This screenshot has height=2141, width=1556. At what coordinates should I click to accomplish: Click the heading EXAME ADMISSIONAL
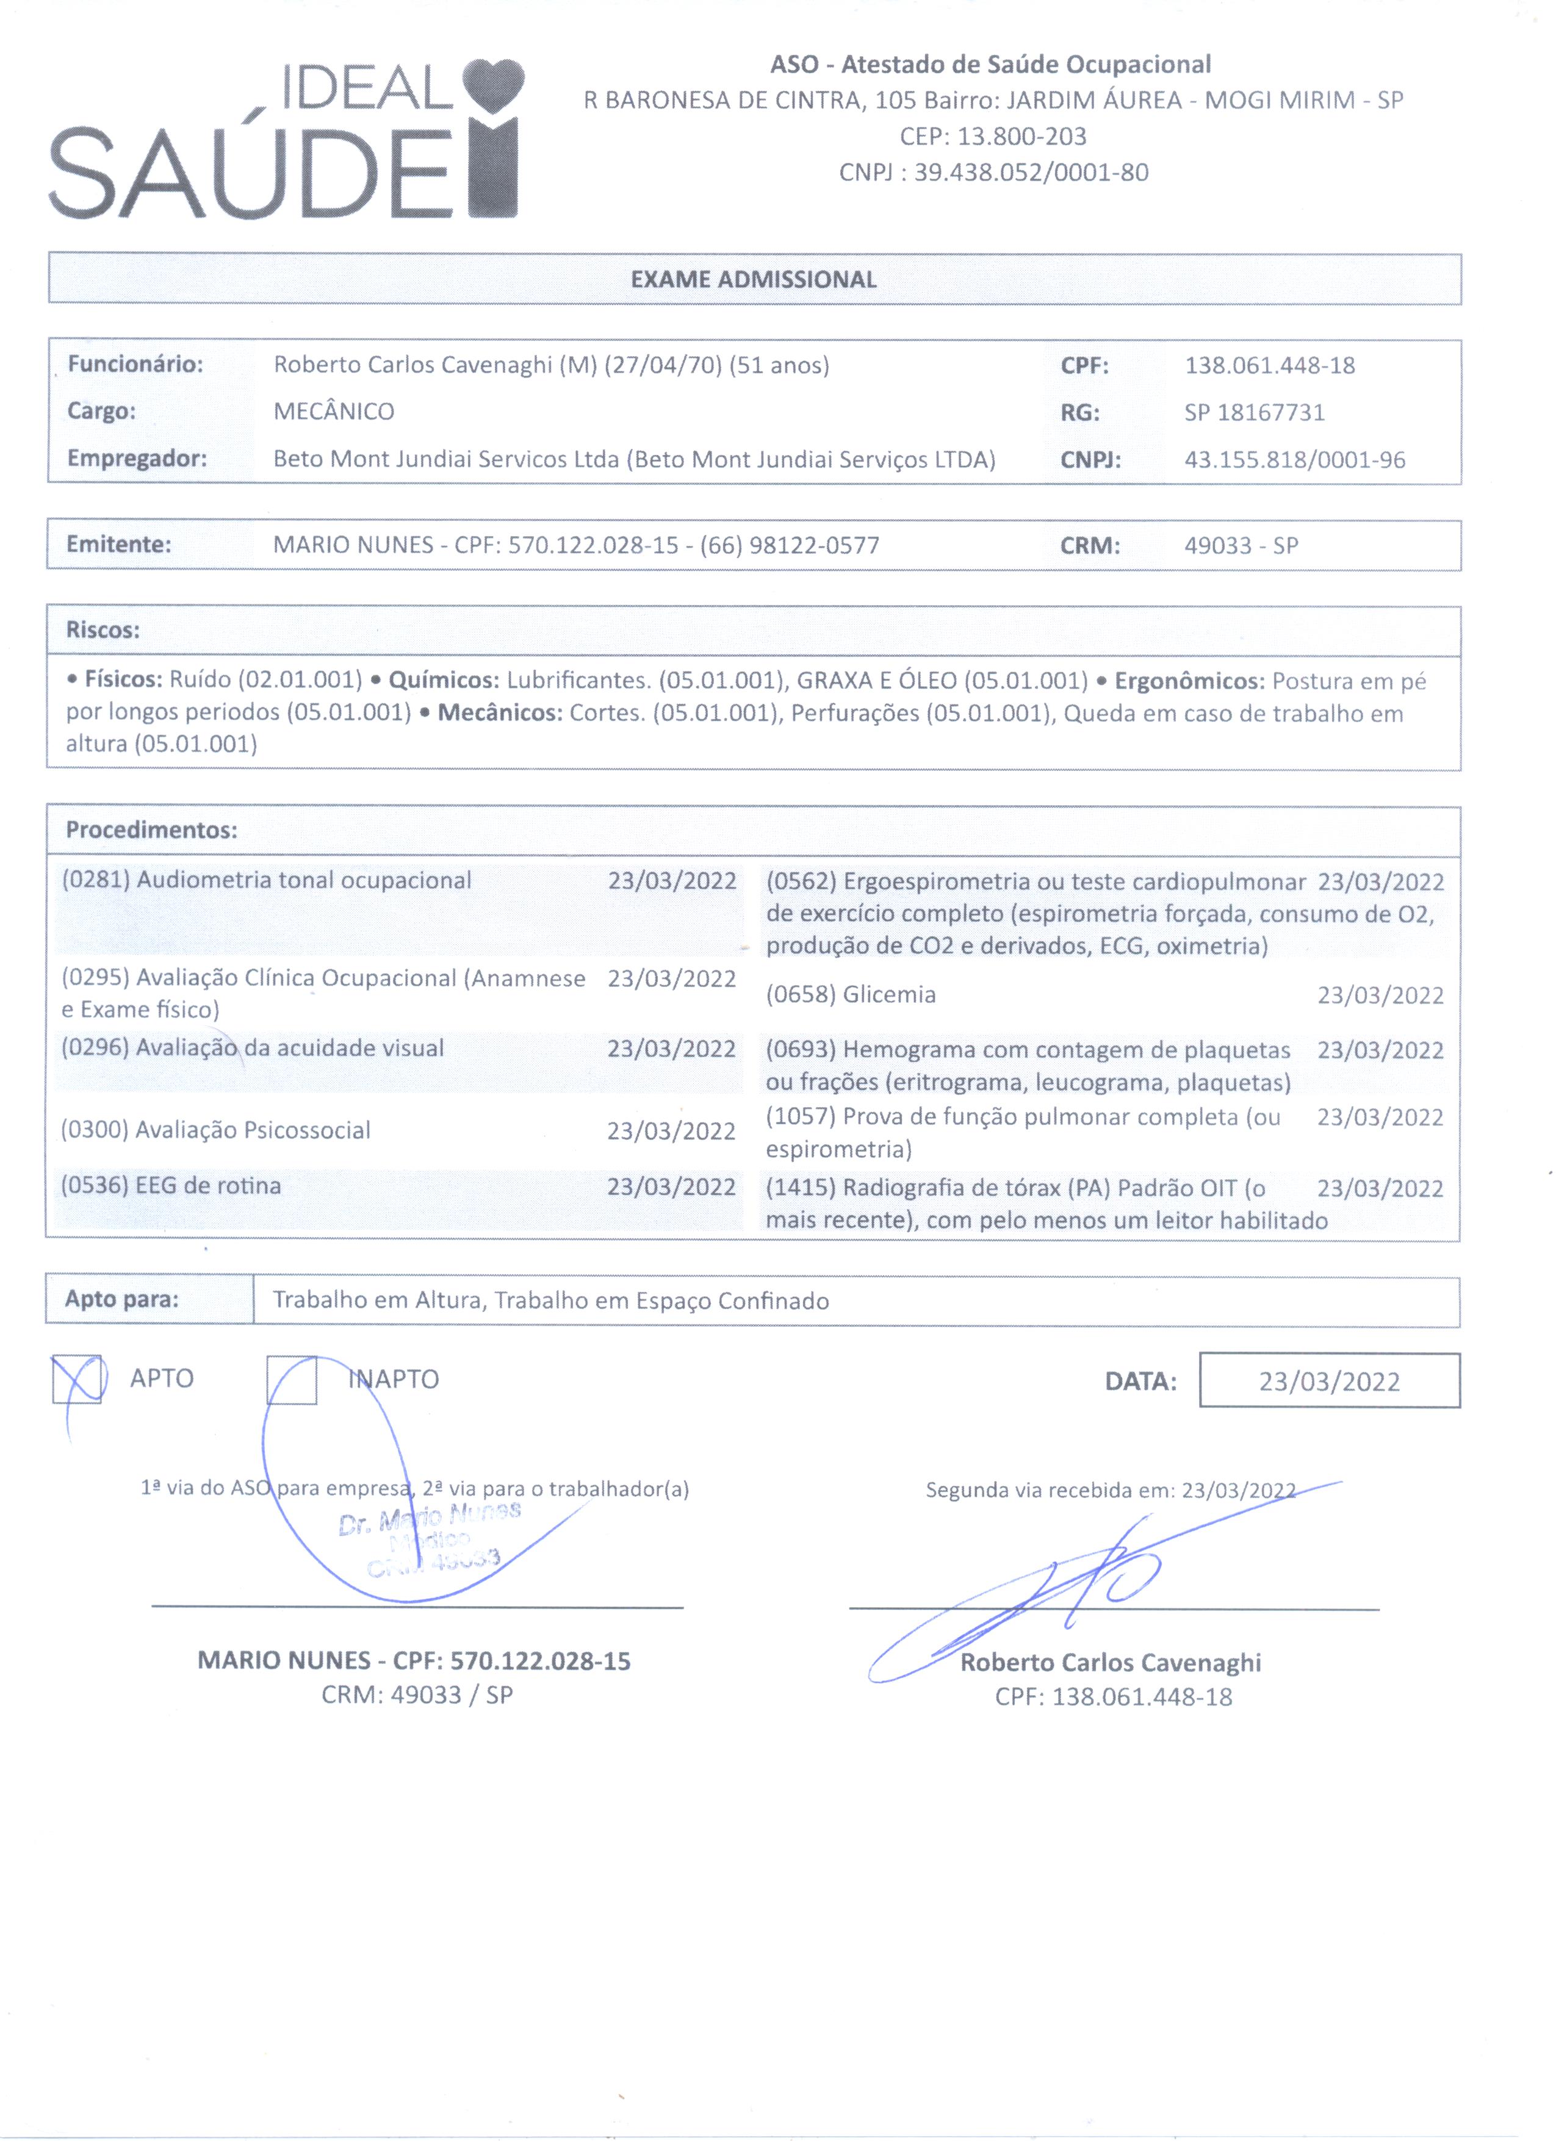(754, 279)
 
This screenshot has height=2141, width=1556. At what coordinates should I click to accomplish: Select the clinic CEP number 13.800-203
(1021, 137)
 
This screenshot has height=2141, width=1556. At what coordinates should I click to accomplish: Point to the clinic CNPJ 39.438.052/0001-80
(1031, 173)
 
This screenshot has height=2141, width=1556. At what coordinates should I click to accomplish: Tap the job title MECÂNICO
(334, 412)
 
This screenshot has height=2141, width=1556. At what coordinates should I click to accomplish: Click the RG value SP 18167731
(1255, 412)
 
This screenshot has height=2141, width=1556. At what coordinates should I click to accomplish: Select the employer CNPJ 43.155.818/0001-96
(1294, 460)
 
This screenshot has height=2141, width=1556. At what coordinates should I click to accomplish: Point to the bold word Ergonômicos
(1189, 681)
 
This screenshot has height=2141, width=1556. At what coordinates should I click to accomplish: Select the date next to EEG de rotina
(671, 1186)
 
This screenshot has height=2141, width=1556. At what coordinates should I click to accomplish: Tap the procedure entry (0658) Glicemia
(851, 994)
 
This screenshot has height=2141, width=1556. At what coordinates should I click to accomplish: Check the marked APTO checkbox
(76, 1379)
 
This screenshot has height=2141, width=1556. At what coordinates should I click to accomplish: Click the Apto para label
(122, 1299)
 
